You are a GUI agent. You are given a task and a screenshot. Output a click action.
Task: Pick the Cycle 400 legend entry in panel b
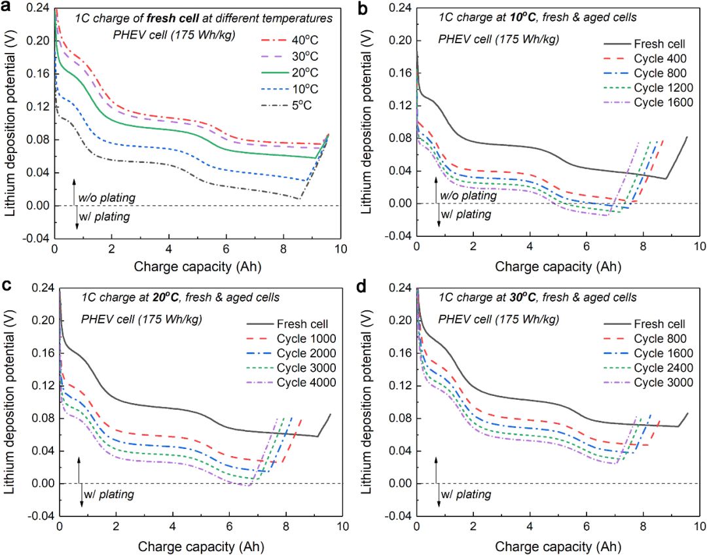(657, 58)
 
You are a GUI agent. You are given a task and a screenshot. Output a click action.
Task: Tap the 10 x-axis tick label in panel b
(698, 247)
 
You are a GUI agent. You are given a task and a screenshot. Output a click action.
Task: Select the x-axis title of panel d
(558, 545)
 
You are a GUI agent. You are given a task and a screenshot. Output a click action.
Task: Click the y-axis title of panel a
(10, 124)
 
